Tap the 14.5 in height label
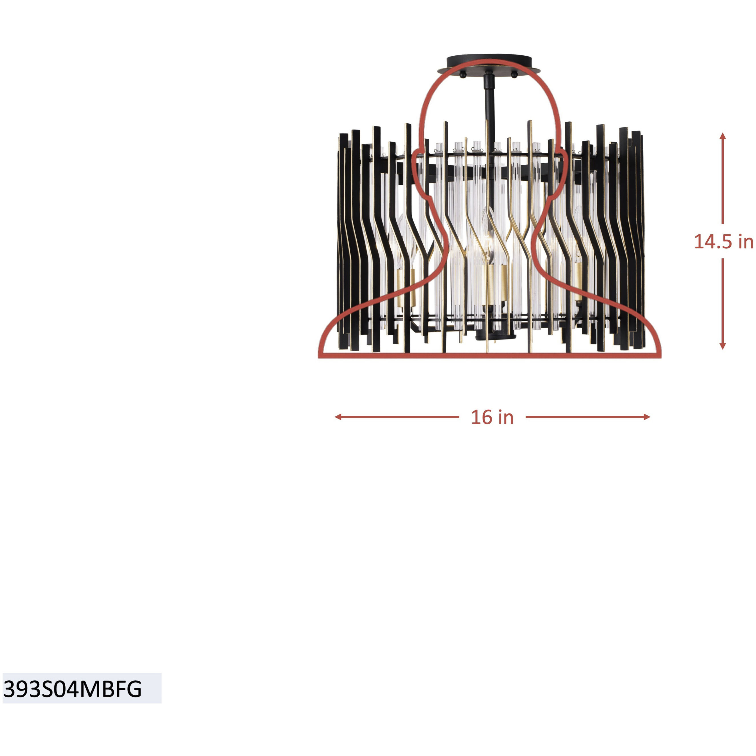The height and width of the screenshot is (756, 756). [723, 242]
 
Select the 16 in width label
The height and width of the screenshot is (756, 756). [492, 417]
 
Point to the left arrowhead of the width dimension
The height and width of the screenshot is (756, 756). [338, 417]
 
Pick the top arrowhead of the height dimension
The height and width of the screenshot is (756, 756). [723, 136]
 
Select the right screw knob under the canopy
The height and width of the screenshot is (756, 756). [514, 74]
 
